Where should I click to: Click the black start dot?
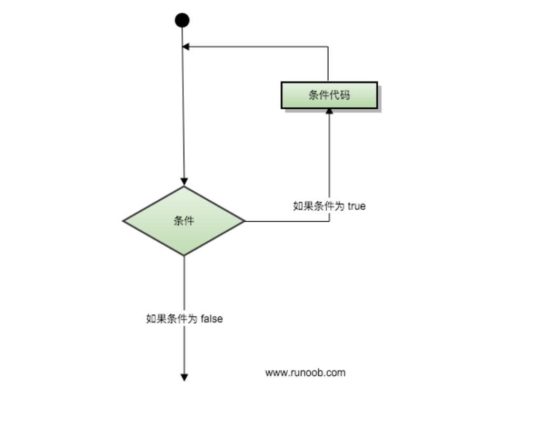click(x=182, y=20)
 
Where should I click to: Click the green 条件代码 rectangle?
click(x=329, y=95)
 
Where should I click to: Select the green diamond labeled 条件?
click(x=184, y=221)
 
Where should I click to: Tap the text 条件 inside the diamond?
click(x=184, y=221)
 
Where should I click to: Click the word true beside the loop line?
click(x=357, y=207)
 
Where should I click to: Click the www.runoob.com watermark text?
click(x=305, y=373)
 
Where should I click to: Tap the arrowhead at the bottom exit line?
click(x=184, y=377)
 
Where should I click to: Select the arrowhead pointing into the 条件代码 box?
click(x=329, y=111)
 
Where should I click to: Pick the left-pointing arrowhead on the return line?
click(x=186, y=47)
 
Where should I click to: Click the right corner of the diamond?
click(x=245, y=221)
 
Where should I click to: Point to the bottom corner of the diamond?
click(x=184, y=255)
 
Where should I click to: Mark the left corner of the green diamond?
click(x=124, y=221)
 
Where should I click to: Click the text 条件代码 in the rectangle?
click(x=329, y=95)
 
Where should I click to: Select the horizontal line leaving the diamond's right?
click(x=287, y=221)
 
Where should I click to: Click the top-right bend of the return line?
click(x=328, y=47)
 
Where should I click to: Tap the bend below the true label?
click(x=329, y=221)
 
